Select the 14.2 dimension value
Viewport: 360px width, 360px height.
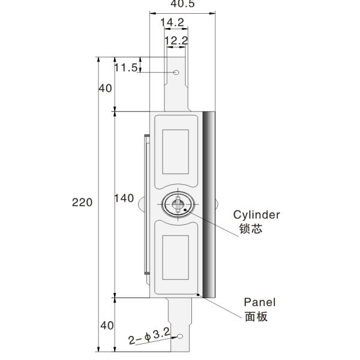point(172,22)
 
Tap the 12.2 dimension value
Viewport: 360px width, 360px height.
point(176,41)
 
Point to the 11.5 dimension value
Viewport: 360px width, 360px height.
point(126,67)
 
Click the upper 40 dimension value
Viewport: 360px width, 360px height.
point(106,88)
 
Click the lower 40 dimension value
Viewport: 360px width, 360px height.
point(106,326)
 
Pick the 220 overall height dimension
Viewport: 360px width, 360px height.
point(83,203)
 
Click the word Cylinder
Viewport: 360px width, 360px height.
point(257,214)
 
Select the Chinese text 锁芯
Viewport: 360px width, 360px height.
point(249,229)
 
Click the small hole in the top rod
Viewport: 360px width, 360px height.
point(176,73)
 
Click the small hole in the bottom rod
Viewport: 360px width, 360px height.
point(178,338)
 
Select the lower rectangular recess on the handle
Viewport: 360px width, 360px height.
point(176,257)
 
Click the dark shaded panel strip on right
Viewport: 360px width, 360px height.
point(210,204)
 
